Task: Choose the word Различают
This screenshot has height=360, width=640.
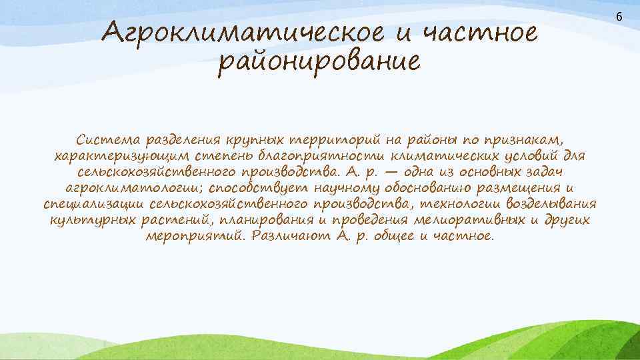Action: pos(287,237)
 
